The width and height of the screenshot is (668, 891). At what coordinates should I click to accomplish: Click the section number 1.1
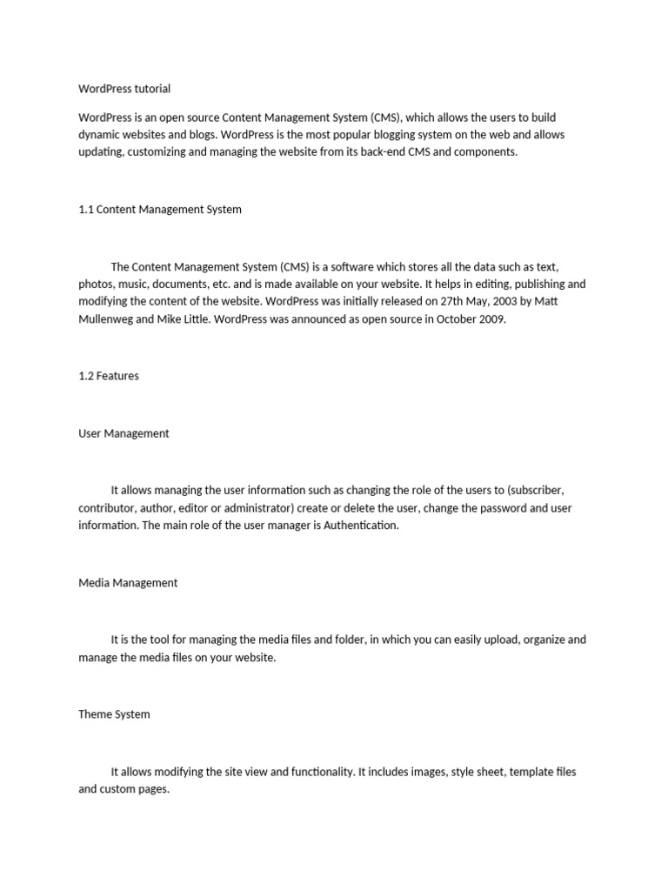[85, 210]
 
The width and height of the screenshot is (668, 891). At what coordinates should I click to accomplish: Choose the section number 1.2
[85, 377]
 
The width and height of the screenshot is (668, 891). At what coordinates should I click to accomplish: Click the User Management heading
[124, 433]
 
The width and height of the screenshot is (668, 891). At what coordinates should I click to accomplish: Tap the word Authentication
[360, 526]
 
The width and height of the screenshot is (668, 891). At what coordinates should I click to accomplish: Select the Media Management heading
[128, 583]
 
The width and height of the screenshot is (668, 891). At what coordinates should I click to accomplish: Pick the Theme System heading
[114, 714]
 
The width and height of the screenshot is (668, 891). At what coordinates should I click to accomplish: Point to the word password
[501, 508]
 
